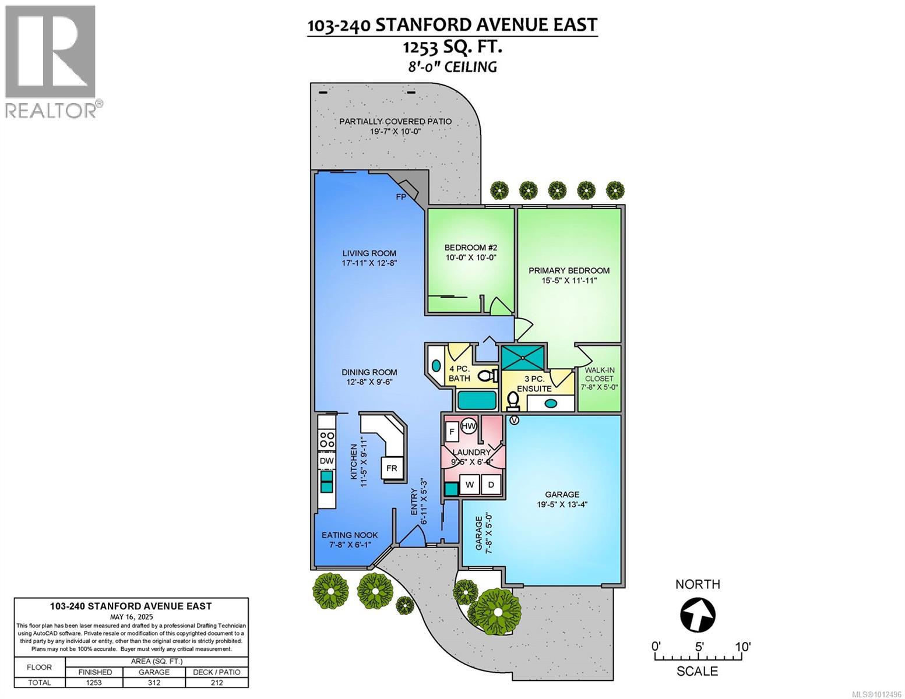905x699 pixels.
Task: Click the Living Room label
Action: (369, 253)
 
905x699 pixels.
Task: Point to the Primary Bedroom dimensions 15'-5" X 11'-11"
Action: (569, 280)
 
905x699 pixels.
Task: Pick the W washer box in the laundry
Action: (470, 485)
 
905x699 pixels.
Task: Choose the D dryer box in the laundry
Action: (491, 485)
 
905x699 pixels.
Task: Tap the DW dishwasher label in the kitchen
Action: (327, 461)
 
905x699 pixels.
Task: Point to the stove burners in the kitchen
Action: (327, 439)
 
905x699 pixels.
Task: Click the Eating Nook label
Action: (350, 535)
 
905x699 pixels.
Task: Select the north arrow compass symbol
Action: (698, 615)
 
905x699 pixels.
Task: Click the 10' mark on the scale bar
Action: (742, 647)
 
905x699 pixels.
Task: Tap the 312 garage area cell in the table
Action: (154, 683)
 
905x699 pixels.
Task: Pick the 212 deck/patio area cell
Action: (216, 683)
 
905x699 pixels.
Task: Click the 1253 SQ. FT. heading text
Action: (452, 47)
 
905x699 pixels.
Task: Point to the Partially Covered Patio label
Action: (396, 121)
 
